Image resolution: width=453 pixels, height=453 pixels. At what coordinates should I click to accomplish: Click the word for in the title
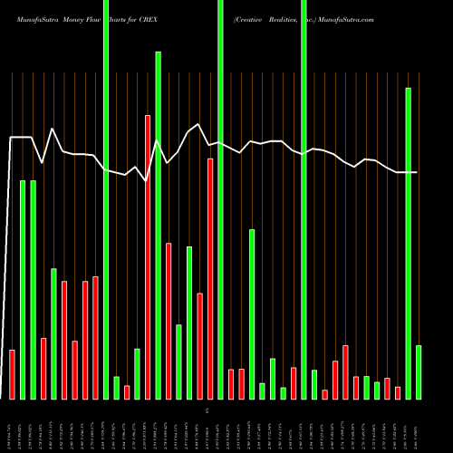tap(140, 18)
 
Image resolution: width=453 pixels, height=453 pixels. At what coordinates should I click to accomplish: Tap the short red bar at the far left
tap(12, 374)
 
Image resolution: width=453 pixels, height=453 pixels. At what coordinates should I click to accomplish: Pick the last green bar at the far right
tap(419, 371)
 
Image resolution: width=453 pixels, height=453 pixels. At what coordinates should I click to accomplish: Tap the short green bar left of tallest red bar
tap(137, 373)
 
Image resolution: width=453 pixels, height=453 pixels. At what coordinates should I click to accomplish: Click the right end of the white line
tap(417, 172)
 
